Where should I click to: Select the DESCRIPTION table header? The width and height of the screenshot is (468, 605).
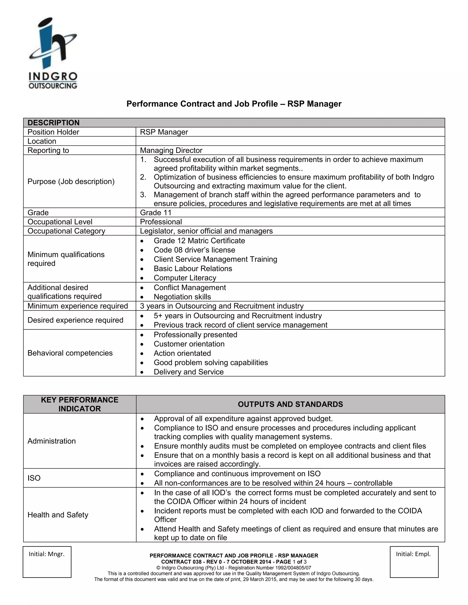tap(53, 123)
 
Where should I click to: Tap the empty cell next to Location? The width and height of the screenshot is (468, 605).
tap(290, 141)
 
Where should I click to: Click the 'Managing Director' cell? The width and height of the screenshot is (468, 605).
tap(171, 150)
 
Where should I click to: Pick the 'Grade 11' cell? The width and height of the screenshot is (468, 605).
tap(156, 213)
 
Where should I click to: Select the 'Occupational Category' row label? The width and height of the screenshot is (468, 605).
tap(66, 231)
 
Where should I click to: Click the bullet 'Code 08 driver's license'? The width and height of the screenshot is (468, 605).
tap(194, 250)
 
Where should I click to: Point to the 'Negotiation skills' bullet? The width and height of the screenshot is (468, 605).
tap(182, 297)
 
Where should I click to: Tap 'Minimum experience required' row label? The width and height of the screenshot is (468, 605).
tap(78, 306)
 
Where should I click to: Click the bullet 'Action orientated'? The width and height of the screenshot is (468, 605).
tap(182, 353)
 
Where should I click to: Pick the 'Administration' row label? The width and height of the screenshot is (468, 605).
tap(52, 441)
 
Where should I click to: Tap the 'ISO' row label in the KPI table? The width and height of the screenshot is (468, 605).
tap(34, 478)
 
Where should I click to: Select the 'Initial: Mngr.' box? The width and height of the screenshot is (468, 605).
tap(47, 562)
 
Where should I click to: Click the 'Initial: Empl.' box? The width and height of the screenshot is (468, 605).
tap(414, 562)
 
